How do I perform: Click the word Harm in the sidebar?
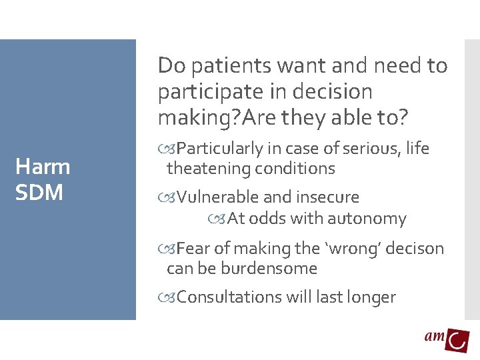coord(42,167)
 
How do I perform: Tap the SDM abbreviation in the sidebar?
coord(39,193)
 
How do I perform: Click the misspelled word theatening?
coord(208,169)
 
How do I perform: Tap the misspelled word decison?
coord(414,249)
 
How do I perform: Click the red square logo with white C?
coord(457,340)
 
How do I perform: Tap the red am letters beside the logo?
coord(434,337)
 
